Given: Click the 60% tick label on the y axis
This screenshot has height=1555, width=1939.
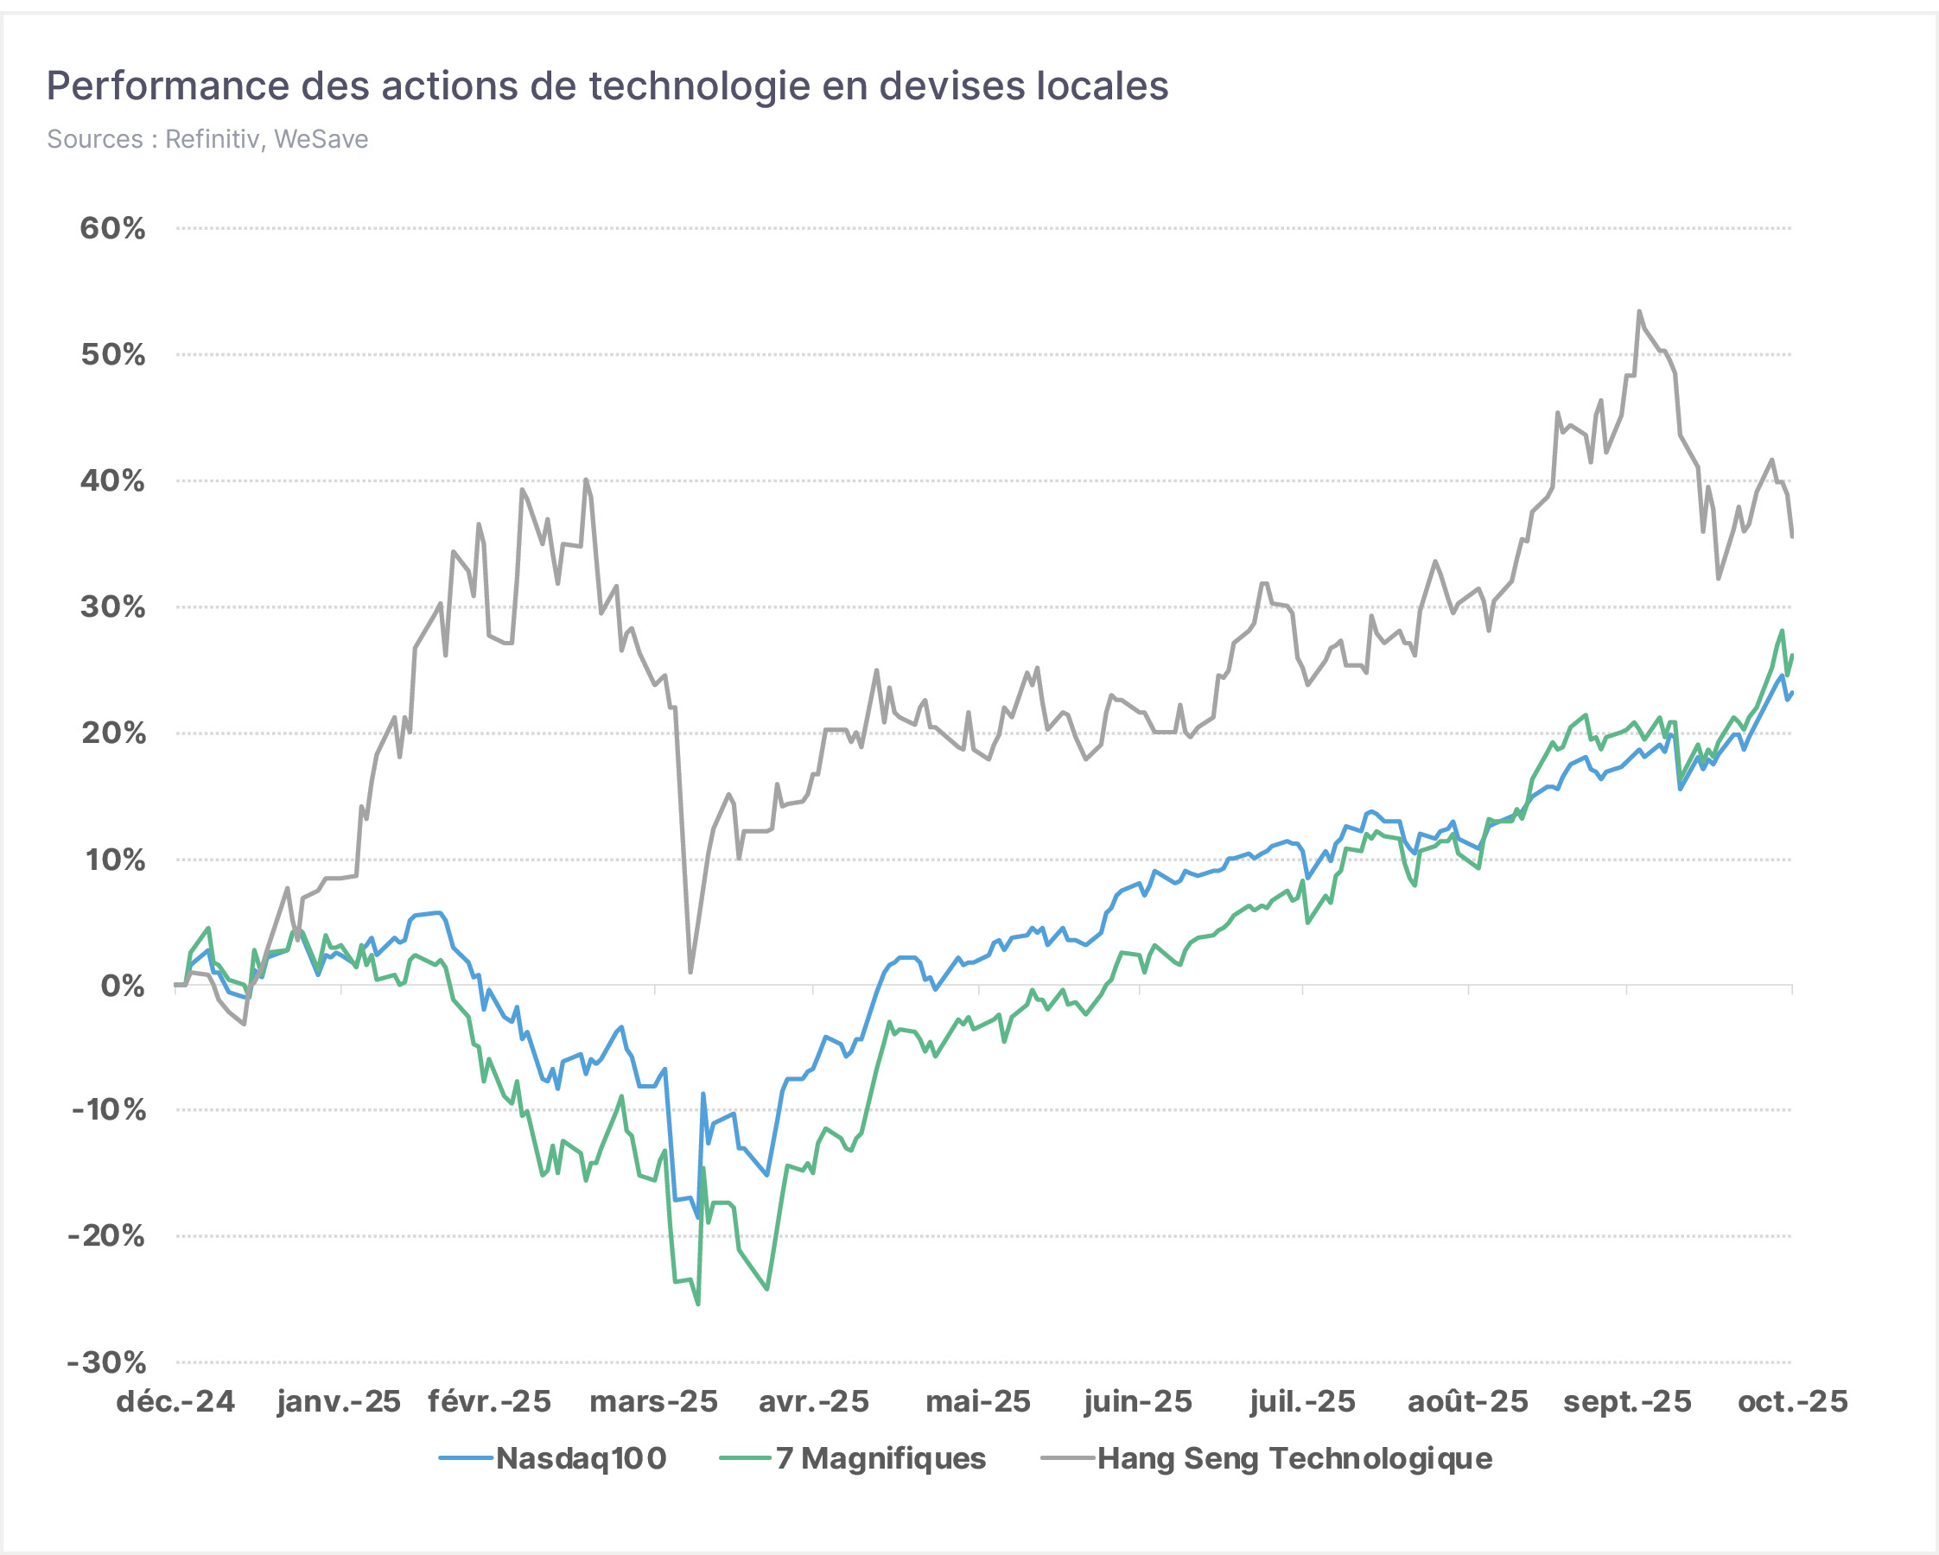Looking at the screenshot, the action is pos(112,228).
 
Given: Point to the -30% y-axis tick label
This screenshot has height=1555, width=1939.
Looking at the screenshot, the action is pos(106,1362).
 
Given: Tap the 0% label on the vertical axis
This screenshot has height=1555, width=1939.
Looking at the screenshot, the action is pos(123,987).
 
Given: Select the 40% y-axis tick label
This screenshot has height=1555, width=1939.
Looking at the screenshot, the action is pos(112,481).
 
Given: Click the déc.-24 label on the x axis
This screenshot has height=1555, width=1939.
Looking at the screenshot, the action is pos(175,1402).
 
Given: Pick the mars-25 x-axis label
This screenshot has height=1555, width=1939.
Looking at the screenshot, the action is pos(654,1402).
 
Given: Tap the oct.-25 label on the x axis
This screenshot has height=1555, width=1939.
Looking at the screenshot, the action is pos(1792,1402).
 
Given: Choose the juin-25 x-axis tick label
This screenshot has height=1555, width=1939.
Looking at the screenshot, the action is pos(1138,1402).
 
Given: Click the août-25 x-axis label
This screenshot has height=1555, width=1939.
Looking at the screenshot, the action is pos(1468,1402).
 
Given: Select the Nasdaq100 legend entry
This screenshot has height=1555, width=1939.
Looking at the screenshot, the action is pos(553,1459).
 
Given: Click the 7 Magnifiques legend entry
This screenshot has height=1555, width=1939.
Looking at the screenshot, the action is pos(853,1459).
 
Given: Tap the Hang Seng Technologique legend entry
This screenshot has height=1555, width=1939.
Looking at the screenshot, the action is pos(1266,1459).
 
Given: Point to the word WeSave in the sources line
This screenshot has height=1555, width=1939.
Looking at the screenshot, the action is pos(321,139).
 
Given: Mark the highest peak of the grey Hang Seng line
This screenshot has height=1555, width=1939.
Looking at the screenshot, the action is pos(1639,312).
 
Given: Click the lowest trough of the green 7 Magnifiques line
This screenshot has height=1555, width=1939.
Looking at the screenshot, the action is pos(698,1304).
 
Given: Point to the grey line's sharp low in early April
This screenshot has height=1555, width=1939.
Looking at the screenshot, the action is pos(690,972).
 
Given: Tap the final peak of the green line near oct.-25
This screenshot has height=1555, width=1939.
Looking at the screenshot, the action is pos(1782,631).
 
